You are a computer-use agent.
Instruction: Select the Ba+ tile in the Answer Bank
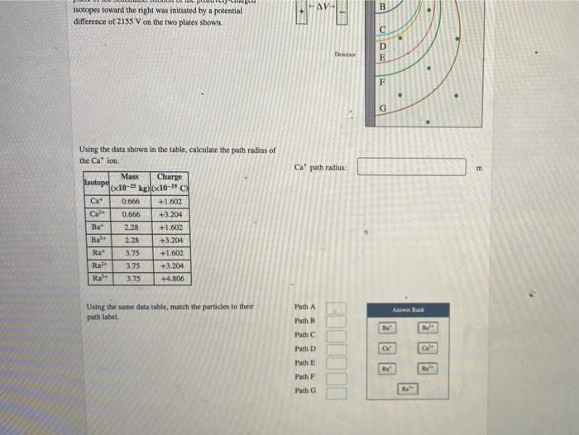click(x=386, y=327)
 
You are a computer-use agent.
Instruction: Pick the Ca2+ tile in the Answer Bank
click(x=428, y=349)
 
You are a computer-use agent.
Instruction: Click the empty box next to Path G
click(x=335, y=394)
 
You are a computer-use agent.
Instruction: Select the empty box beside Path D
click(x=335, y=349)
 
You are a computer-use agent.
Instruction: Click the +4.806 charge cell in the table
click(x=170, y=279)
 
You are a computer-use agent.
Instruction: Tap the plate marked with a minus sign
click(x=340, y=17)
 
